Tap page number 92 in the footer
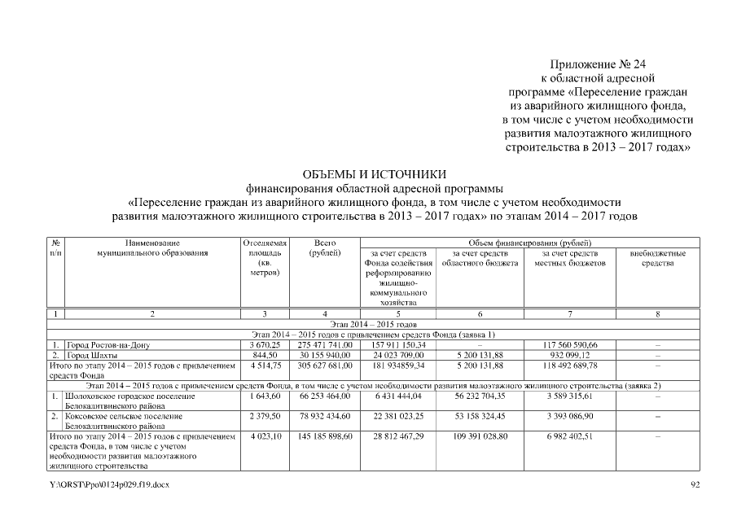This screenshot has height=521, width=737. pyautogui.click(x=695, y=485)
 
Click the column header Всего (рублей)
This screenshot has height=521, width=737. pyautogui.click(x=325, y=248)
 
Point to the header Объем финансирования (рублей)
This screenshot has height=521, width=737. pyautogui.click(x=529, y=243)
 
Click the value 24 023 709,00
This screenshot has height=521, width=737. pyautogui.click(x=399, y=355)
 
